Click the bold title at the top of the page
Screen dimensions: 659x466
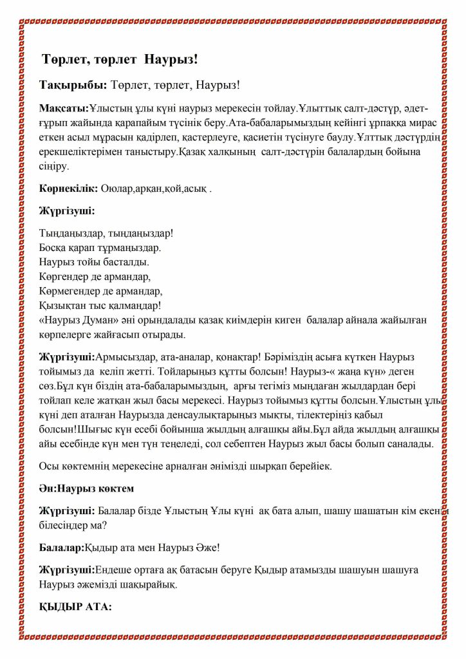(120, 60)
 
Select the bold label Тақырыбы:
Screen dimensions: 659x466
(73, 86)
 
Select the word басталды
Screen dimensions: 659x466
(126, 262)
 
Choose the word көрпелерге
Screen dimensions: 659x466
(67, 335)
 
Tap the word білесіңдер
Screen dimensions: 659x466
(70, 525)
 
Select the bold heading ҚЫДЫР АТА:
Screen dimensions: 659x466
(75, 607)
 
